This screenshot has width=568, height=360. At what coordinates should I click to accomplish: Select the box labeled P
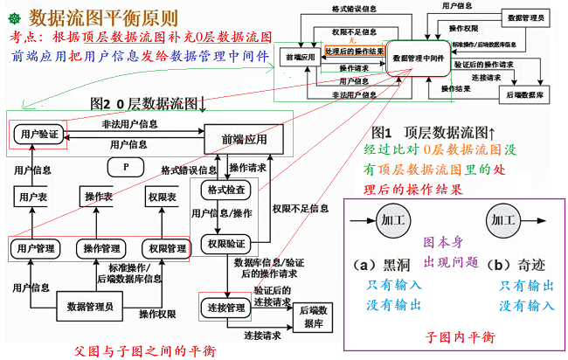click(x=127, y=166)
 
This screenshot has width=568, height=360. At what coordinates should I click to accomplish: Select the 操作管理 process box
click(x=101, y=249)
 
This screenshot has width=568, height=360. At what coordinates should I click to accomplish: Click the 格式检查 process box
click(x=225, y=190)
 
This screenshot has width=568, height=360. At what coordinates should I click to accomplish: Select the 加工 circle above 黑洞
click(x=391, y=220)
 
